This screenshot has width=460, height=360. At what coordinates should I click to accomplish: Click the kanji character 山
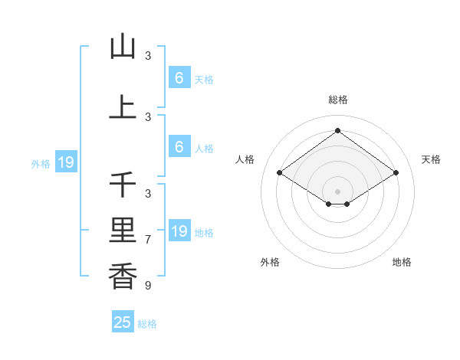(x=123, y=47)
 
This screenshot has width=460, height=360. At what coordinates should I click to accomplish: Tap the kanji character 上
(x=123, y=107)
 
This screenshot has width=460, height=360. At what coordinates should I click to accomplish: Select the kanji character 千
(x=123, y=185)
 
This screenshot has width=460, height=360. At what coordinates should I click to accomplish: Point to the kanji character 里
(x=123, y=229)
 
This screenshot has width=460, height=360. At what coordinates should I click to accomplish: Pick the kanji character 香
(x=123, y=273)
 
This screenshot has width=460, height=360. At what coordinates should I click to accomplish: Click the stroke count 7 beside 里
(x=148, y=240)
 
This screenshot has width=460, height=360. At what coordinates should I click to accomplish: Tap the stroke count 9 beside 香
(x=148, y=286)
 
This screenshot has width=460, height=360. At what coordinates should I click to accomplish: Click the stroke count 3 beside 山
(x=148, y=56)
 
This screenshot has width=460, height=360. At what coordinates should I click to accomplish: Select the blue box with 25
(x=123, y=322)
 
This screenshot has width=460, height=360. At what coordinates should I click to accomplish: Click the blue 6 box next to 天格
(x=179, y=78)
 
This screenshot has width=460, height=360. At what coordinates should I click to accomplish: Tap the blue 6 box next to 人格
(x=179, y=147)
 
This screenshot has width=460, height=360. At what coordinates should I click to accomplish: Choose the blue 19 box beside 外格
(x=65, y=162)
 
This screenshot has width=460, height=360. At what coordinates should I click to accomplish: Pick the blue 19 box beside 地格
(x=179, y=231)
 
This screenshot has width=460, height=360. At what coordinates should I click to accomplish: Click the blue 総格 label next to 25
(x=147, y=324)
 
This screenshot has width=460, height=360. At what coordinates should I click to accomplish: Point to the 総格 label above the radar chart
(x=337, y=100)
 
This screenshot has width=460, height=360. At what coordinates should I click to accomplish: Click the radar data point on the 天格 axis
(x=396, y=173)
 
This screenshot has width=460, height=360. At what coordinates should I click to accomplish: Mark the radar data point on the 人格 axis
(x=280, y=173)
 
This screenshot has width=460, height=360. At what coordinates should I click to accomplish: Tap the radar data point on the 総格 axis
(x=337, y=130)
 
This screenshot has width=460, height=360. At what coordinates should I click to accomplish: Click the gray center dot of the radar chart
(x=337, y=191)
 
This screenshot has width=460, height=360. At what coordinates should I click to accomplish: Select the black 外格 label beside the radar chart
(x=270, y=262)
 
